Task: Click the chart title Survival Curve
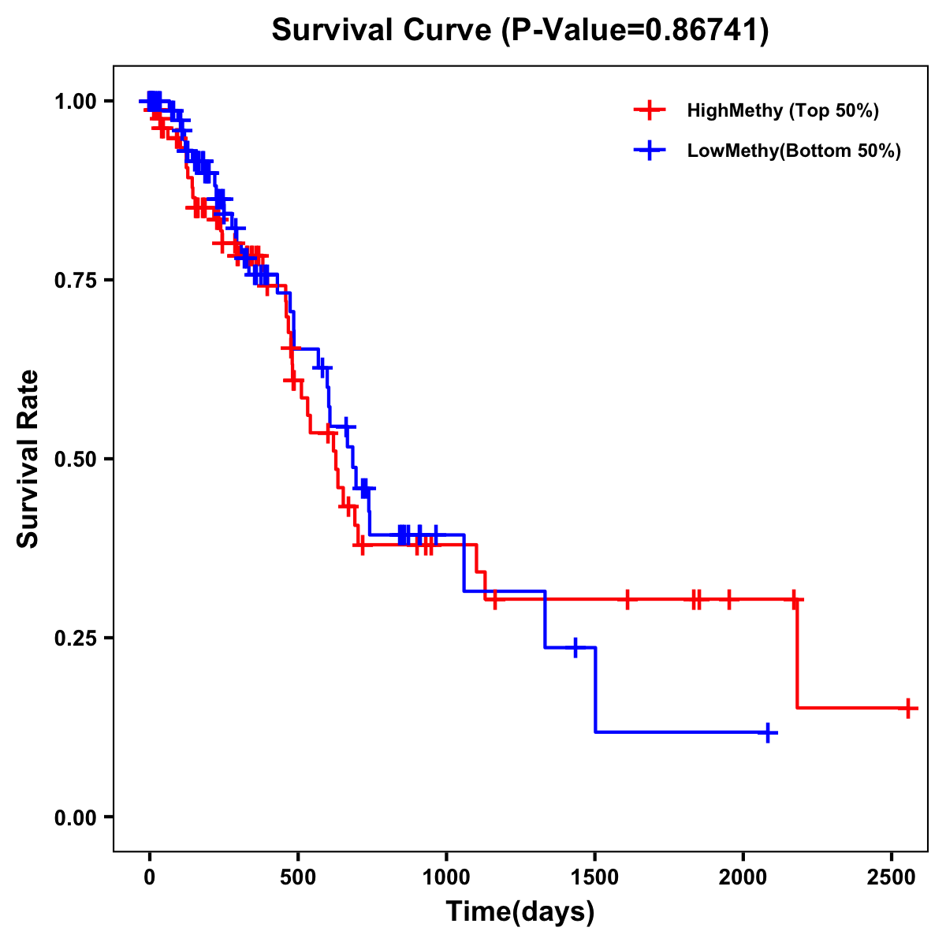click(382, 31)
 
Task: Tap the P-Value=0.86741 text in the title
click(635, 31)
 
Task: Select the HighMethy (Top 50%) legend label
click(782, 110)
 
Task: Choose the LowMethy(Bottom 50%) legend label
click(793, 151)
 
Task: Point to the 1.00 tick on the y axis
click(75, 102)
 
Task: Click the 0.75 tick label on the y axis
click(75, 281)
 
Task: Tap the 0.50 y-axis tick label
click(75, 460)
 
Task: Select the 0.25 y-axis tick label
click(75, 639)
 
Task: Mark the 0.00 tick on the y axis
click(75, 818)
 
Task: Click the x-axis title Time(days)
click(520, 912)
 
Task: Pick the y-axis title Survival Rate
click(28, 459)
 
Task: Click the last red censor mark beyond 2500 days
click(908, 708)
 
